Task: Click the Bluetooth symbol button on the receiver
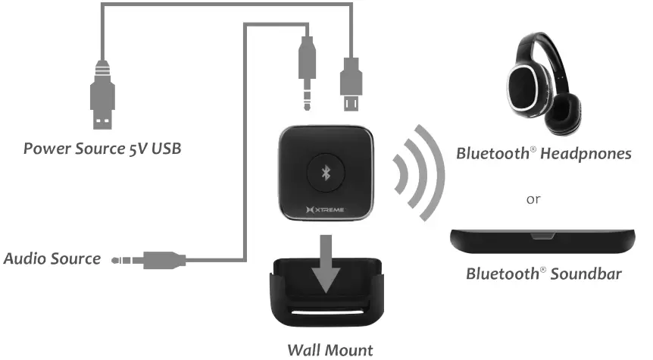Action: [327, 174]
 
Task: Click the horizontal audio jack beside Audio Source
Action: [147, 260]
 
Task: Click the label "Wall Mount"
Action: [331, 350]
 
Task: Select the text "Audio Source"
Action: [52, 259]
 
